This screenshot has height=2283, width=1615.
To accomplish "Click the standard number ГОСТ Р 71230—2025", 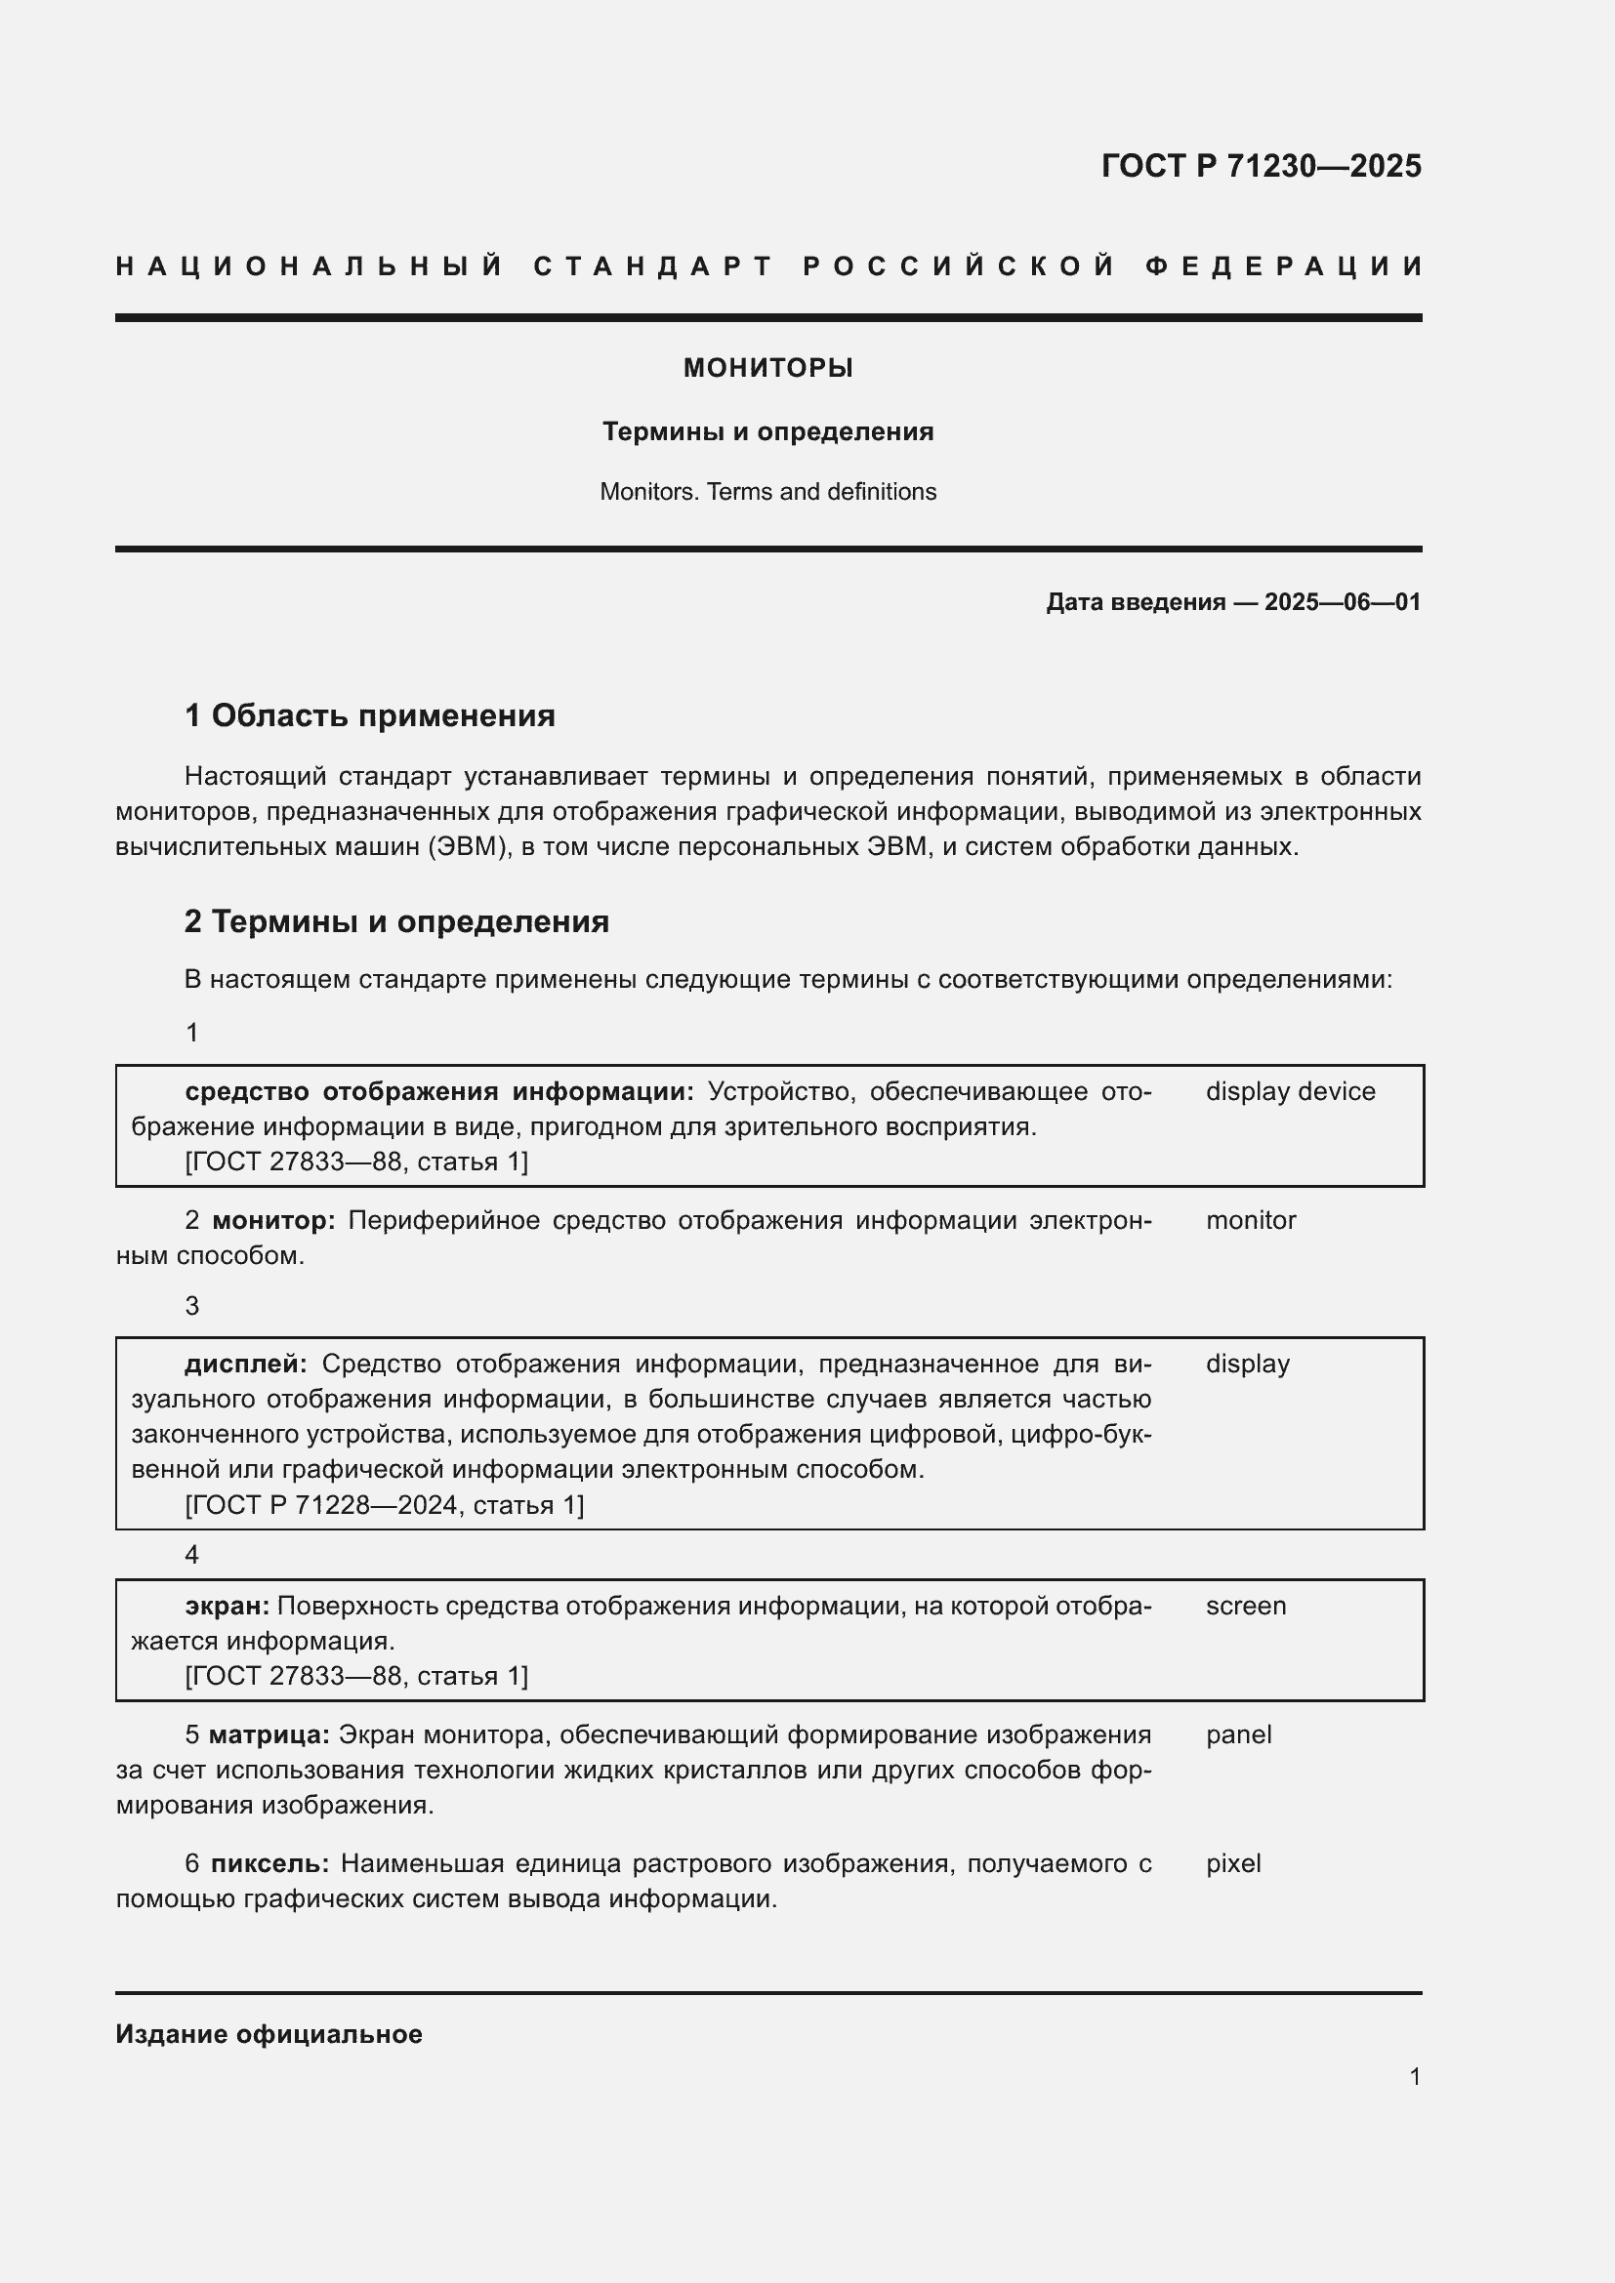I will tap(1260, 166).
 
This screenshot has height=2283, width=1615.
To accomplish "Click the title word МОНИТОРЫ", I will tap(767, 369).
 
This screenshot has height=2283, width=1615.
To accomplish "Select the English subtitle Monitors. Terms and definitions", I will tap(767, 492).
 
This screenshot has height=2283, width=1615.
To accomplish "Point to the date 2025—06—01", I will tap(1342, 602).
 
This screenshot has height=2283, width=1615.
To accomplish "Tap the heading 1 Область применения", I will tap(370, 715).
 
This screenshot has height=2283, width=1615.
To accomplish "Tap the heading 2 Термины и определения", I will tap(396, 921).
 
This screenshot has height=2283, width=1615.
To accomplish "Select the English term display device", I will tap(1290, 1092).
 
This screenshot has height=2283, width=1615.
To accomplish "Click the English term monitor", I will tap(1250, 1221).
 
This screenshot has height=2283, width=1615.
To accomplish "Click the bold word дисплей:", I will tap(246, 1365).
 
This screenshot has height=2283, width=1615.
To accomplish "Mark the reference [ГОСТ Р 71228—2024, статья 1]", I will tap(384, 1505).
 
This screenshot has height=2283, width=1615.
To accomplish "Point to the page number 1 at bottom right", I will tap(1414, 2076).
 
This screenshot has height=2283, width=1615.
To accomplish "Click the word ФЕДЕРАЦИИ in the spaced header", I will tap(1284, 266).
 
